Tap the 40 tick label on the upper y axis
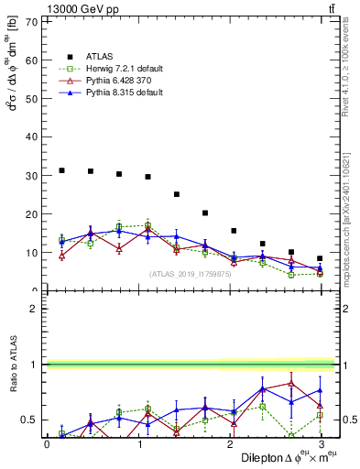[x=34, y=137]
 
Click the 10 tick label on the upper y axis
[x=34, y=253]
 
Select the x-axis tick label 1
[x=139, y=444]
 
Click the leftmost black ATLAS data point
[x=61, y=170]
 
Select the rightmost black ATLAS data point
[x=320, y=258]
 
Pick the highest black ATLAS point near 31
[x=61, y=170]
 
